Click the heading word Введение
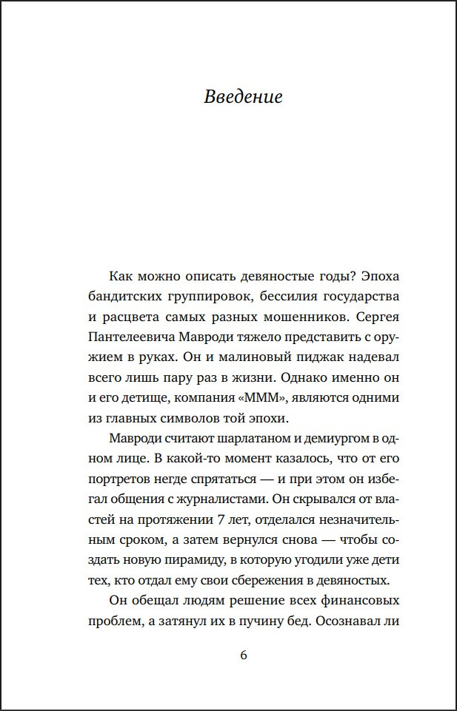coord(243,97)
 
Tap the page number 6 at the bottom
coord(244,656)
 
